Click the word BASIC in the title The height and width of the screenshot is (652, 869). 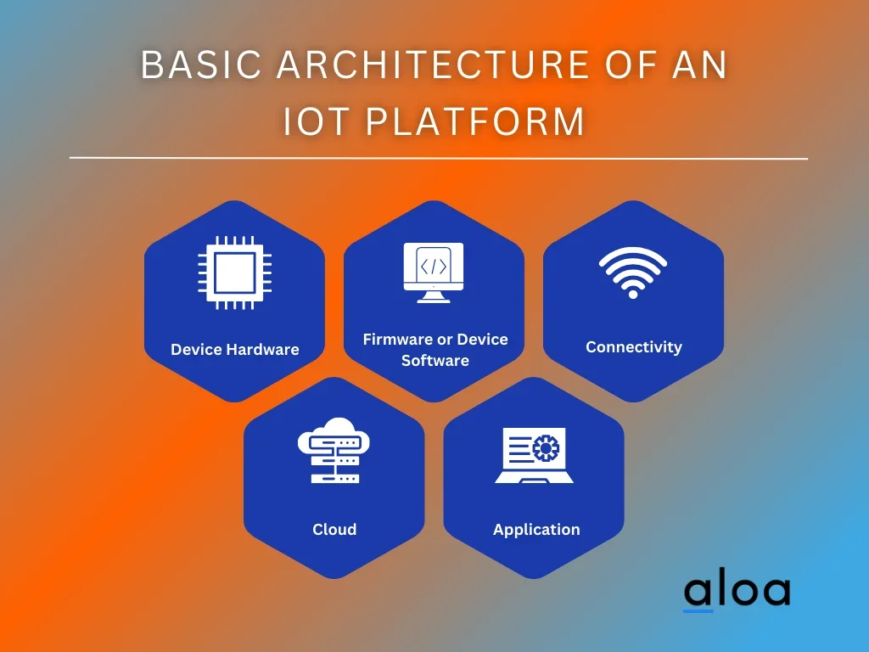(201, 65)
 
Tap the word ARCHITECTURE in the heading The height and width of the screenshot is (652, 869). (433, 65)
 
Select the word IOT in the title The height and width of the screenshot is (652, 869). (317, 121)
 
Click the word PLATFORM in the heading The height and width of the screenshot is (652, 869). (475, 121)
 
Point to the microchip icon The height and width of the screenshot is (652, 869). (235, 273)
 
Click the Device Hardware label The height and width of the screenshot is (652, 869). (235, 349)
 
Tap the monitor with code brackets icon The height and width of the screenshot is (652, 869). (434, 273)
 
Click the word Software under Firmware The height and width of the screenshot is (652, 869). (435, 360)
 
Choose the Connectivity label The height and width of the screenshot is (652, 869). (634, 347)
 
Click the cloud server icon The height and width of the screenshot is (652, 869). (334, 450)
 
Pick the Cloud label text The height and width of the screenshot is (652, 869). (334, 530)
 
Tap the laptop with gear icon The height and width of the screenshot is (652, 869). (535, 455)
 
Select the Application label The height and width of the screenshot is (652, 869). (536, 530)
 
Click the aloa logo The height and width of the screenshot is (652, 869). (737, 592)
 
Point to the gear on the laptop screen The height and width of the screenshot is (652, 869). (546, 448)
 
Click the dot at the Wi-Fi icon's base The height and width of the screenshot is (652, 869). (633, 294)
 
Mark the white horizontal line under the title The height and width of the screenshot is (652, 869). (439, 158)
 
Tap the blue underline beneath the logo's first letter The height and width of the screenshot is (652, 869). (698, 611)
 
